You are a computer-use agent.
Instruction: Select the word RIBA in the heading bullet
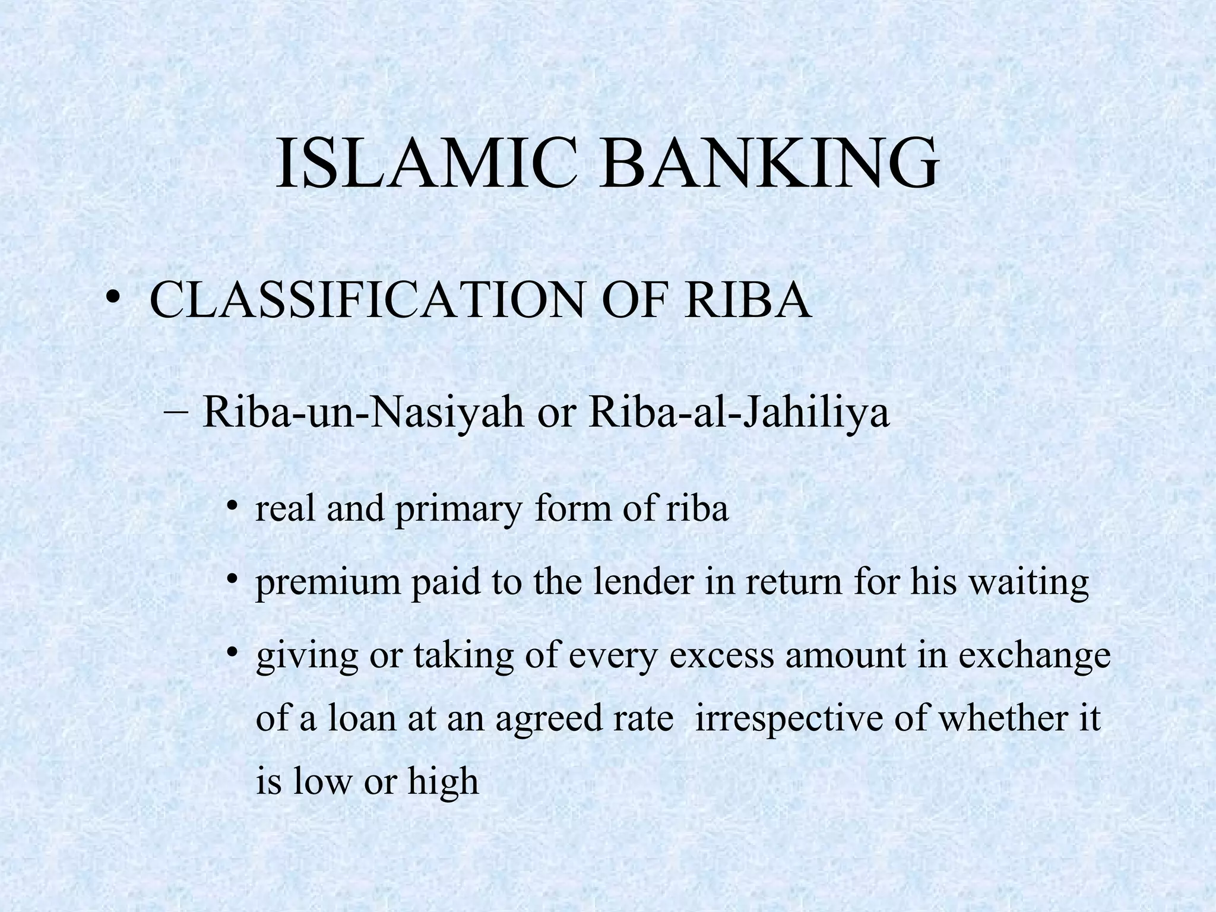[x=748, y=300]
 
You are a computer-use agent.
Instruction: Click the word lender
[x=644, y=582]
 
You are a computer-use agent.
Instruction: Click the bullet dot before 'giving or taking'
[x=233, y=653]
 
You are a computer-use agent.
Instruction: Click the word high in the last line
[x=443, y=783]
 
